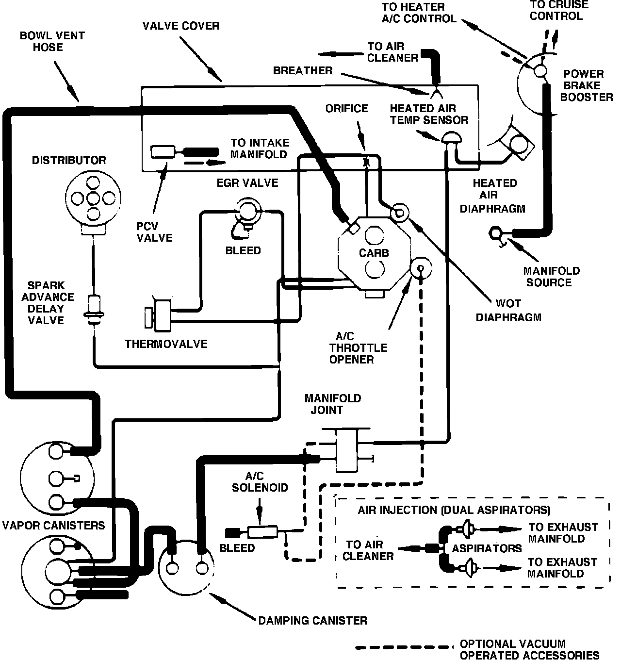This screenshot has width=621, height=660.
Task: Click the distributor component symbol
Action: [x=93, y=203]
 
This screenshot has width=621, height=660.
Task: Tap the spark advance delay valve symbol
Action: [x=94, y=311]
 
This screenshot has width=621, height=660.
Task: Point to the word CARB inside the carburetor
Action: [x=374, y=253]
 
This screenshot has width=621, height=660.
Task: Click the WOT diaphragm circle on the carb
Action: [x=399, y=213]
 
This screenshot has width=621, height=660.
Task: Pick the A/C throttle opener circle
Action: [x=421, y=268]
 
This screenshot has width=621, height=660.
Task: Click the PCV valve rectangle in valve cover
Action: [x=163, y=152]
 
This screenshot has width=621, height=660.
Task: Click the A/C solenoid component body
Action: [x=262, y=532]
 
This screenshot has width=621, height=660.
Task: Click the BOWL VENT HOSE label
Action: [x=52, y=41]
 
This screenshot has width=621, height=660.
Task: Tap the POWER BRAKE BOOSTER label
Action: [x=587, y=85]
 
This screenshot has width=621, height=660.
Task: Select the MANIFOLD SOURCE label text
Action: [x=552, y=277]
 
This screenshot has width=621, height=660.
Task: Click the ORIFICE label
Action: [x=346, y=108]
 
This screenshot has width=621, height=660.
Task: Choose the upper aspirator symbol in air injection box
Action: [x=467, y=529]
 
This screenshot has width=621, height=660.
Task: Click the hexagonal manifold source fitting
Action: [x=495, y=233]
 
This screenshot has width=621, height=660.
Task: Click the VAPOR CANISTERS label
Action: [x=53, y=526]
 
